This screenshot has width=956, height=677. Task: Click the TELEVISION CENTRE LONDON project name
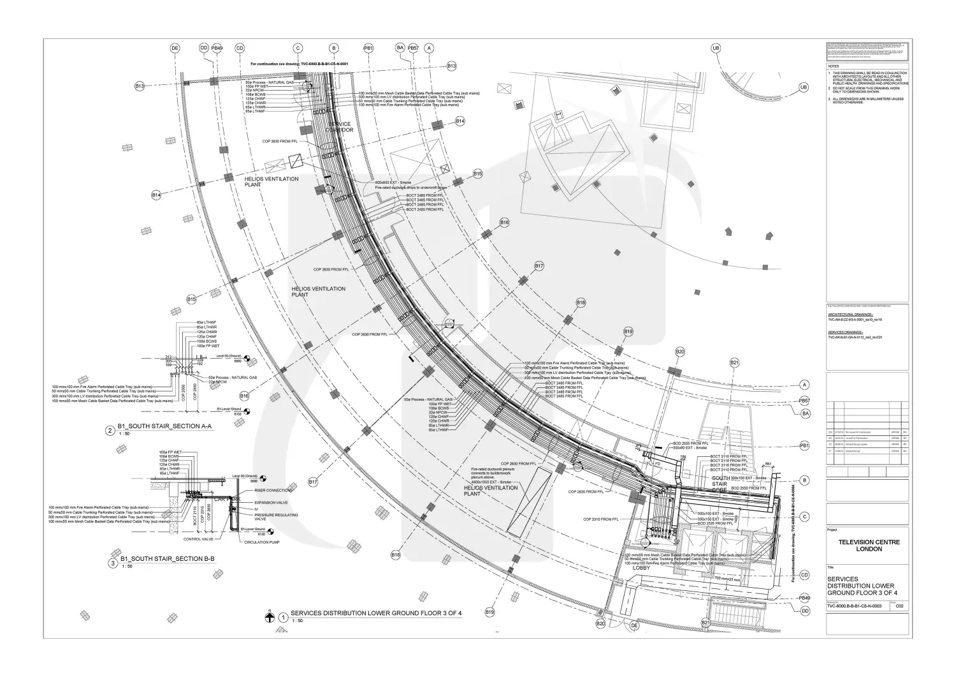pos(868,546)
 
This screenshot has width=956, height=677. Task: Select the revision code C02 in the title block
pos(899,606)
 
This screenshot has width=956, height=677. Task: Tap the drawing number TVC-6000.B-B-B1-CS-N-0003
pos(854,606)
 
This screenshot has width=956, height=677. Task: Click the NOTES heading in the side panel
pos(834,66)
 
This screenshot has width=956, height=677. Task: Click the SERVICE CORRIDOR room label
pos(340,126)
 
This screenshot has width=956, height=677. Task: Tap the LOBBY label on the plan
pos(641,549)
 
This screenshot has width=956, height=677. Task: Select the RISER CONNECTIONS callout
pos(273,491)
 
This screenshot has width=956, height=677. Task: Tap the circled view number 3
pos(112,563)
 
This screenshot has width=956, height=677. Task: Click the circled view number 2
pos(110,431)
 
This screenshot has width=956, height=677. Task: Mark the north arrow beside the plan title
pos(270,616)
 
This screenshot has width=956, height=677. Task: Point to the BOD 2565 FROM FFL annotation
pos(691,443)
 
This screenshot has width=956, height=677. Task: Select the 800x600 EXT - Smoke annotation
pos(393,182)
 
